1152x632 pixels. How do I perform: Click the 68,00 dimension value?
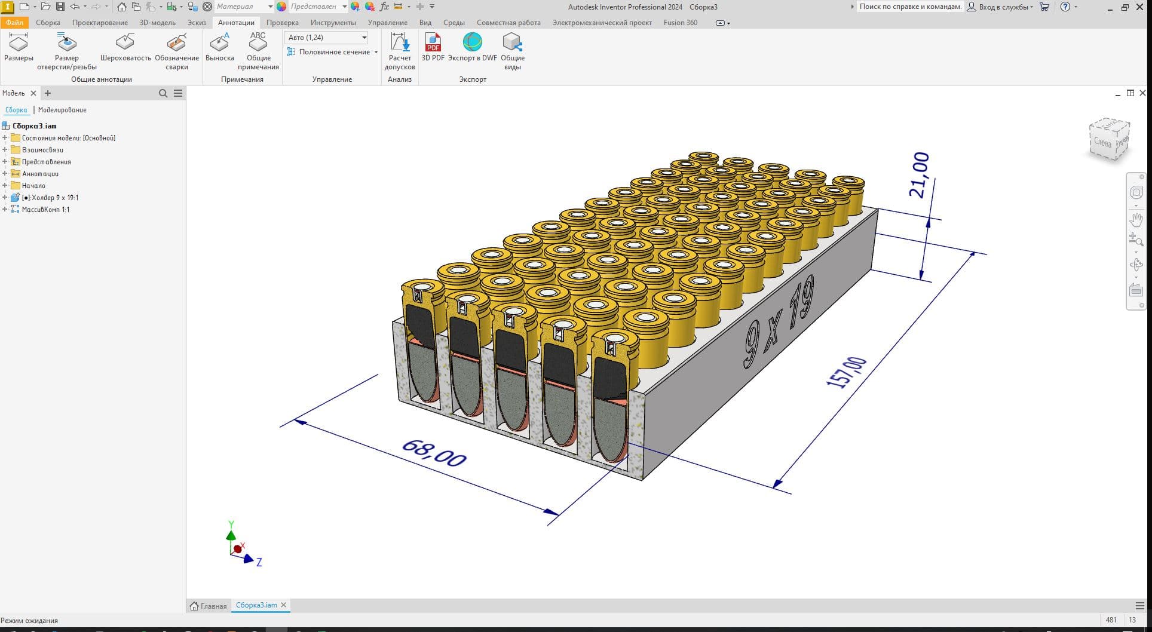(x=434, y=453)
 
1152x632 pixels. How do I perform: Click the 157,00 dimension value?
(x=846, y=372)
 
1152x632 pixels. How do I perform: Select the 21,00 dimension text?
(x=919, y=174)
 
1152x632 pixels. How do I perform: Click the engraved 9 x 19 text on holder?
(x=778, y=323)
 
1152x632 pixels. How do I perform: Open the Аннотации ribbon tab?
(x=236, y=23)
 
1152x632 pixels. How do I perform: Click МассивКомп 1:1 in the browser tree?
(x=45, y=210)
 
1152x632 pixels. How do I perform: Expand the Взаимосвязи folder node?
(x=5, y=150)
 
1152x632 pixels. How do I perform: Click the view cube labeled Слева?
(x=1107, y=141)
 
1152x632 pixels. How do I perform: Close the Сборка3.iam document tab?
(x=284, y=605)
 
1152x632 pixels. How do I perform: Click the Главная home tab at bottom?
(x=209, y=606)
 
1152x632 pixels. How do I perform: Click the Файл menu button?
(x=14, y=23)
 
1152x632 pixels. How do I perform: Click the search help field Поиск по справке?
(x=909, y=7)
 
